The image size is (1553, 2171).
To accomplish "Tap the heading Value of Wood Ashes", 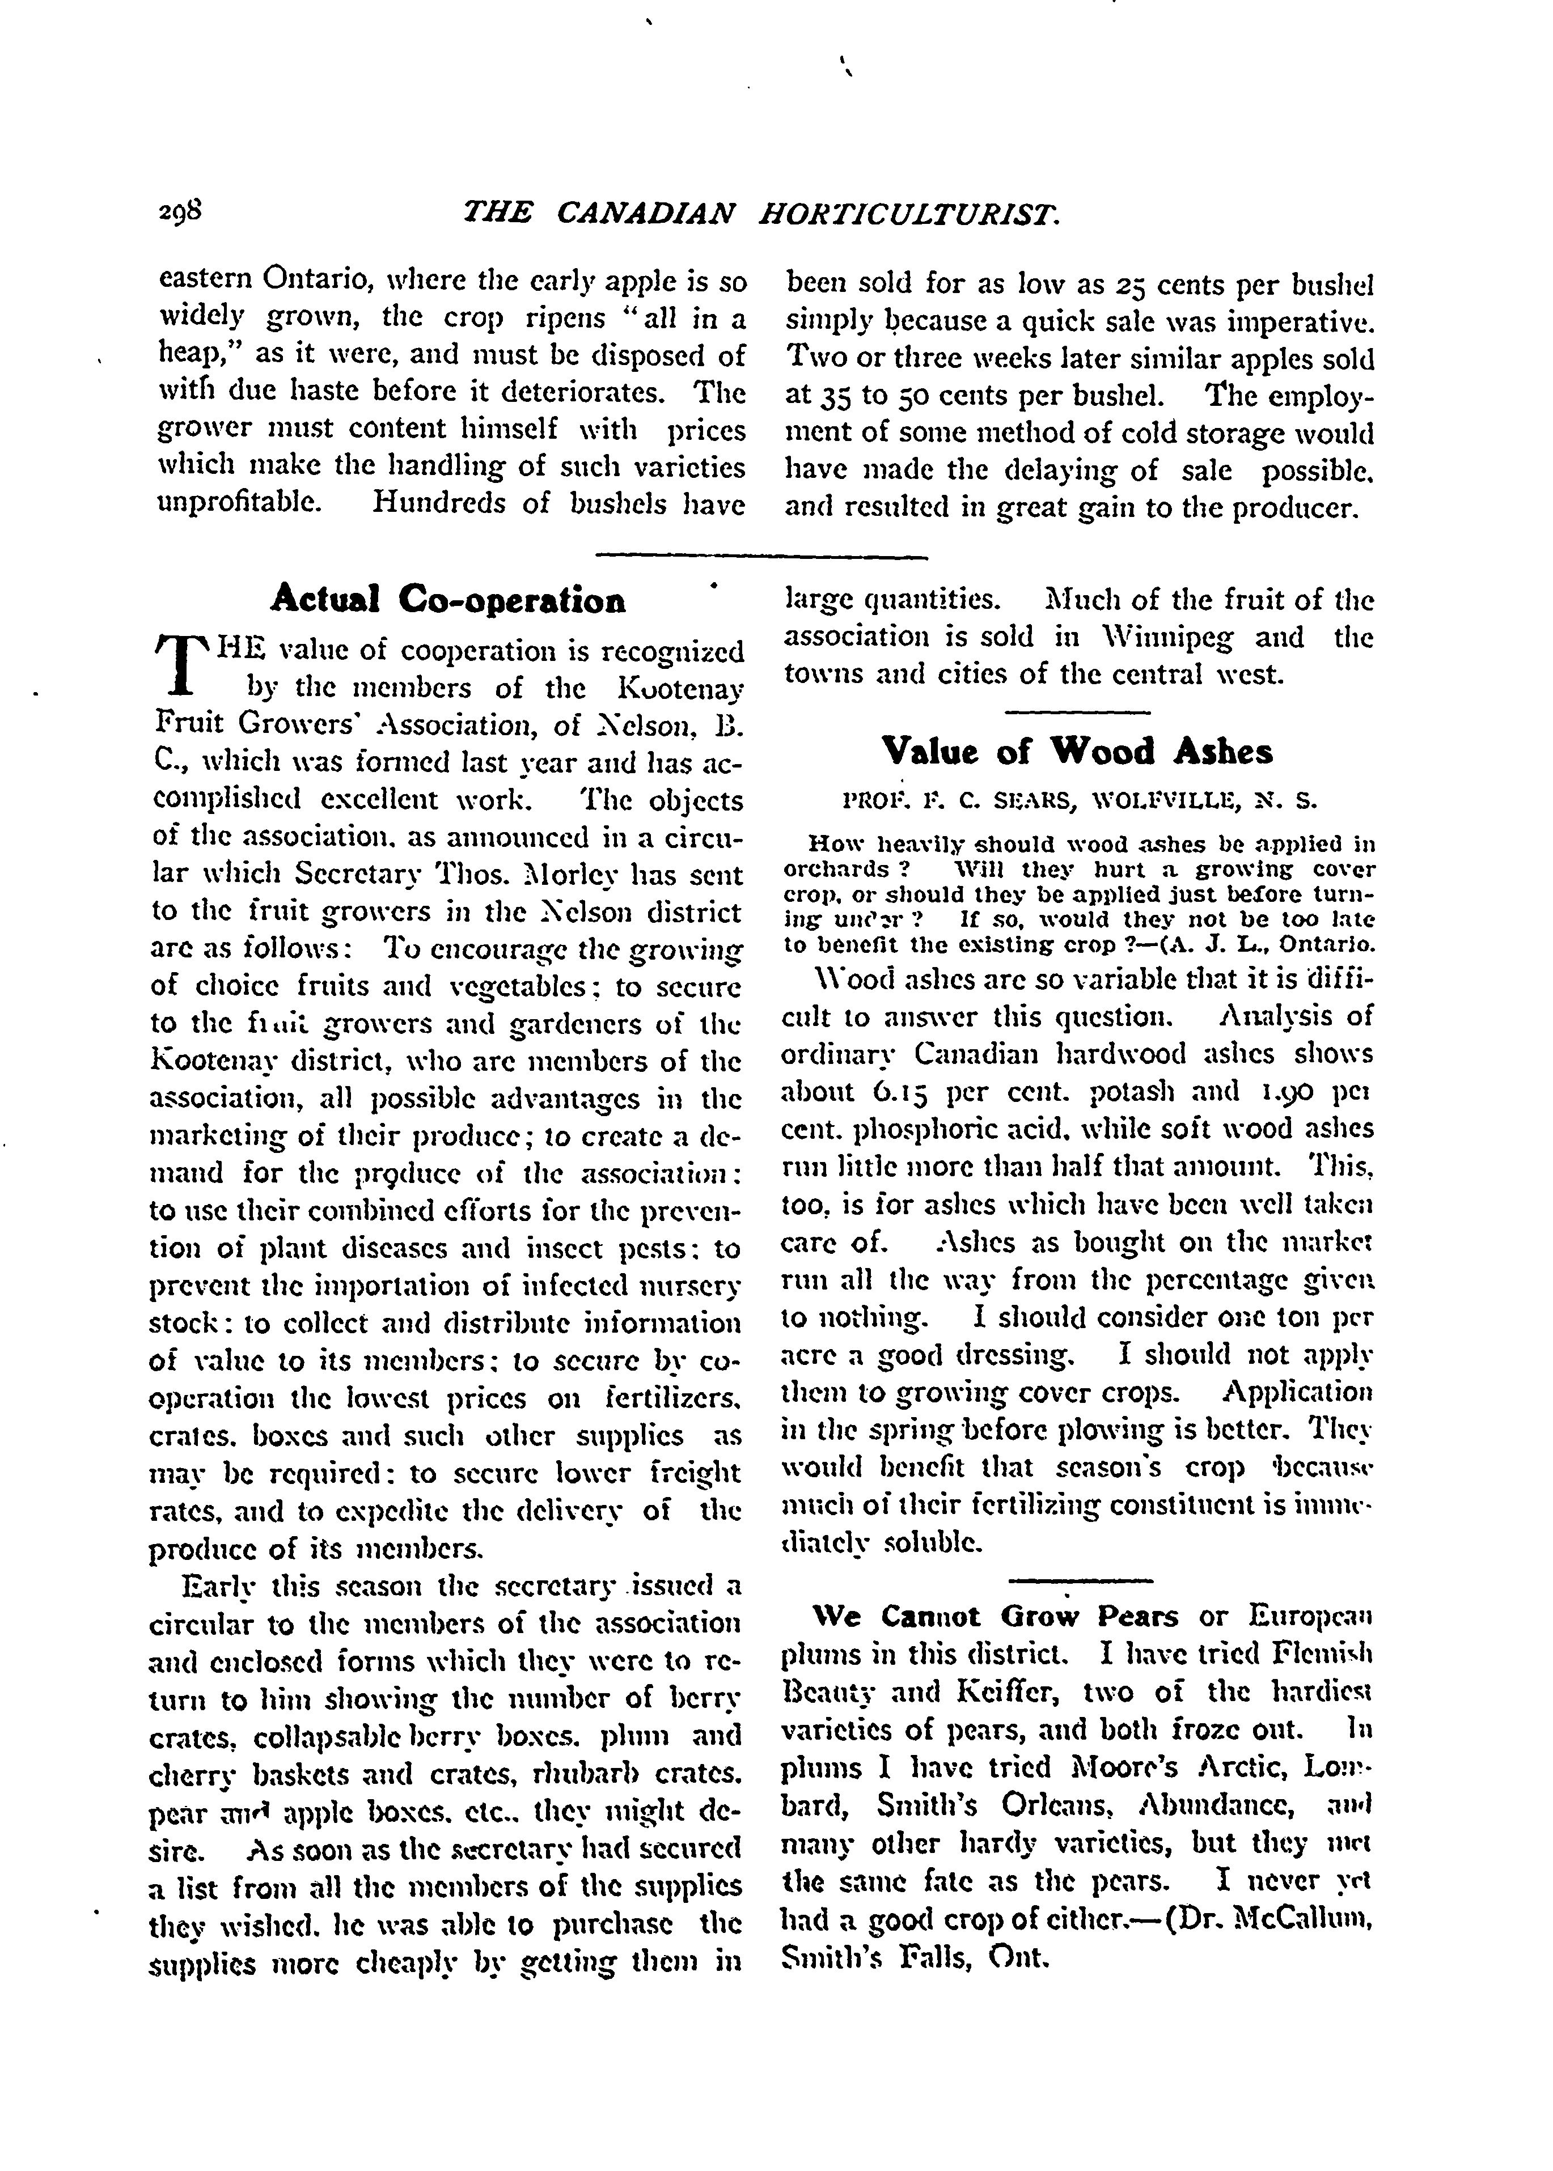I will pyautogui.click(x=1077, y=752).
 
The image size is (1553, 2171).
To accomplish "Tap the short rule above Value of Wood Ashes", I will pyautogui.click(x=1078, y=711).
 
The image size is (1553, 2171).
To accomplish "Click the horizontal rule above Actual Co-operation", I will pyautogui.click(x=761, y=556).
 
